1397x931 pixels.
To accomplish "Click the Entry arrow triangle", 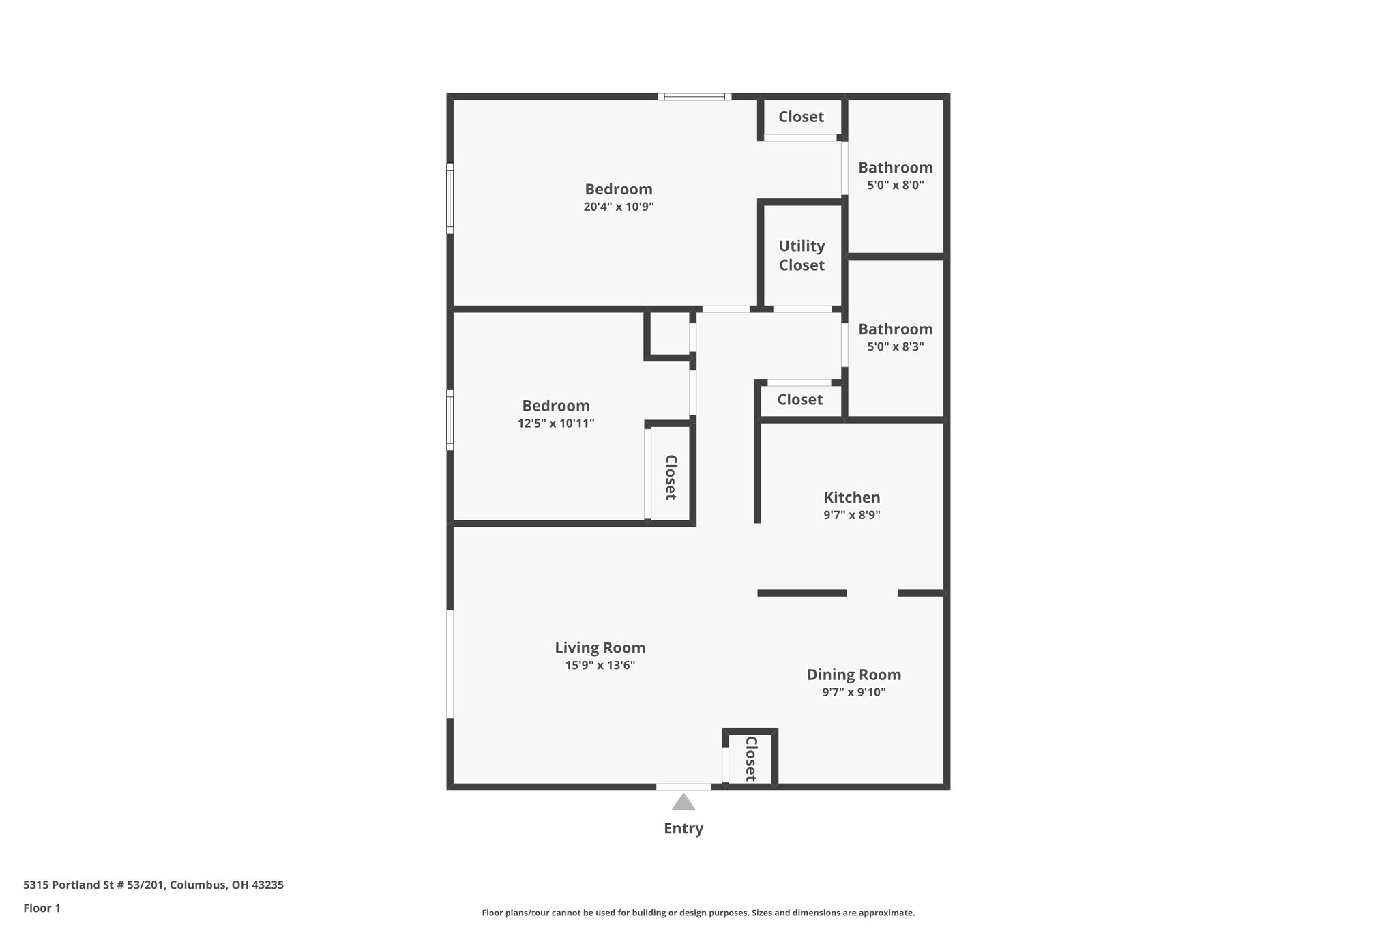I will point(683,803).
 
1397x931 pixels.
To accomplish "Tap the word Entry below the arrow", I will point(683,829).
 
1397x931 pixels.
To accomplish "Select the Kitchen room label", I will point(851,497).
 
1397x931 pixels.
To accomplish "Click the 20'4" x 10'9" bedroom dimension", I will point(618,207).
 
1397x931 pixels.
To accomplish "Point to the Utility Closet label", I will point(802,255).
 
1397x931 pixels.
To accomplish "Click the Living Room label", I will point(600,647).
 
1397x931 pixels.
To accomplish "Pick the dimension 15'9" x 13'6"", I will point(600,665).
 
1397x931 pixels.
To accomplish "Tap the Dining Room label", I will point(853,675).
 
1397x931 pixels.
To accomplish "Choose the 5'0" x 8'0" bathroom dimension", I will point(895,185).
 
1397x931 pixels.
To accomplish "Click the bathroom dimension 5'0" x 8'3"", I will point(895,346).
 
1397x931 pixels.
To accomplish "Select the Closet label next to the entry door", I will point(750,758).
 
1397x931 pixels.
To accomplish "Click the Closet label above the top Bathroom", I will point(801,117).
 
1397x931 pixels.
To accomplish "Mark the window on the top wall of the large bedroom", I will point(694,97).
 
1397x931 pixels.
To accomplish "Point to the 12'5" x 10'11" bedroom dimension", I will point(555,424).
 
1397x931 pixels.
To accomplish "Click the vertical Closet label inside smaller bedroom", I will point(671,477).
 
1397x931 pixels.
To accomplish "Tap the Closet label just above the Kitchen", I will point(799,399).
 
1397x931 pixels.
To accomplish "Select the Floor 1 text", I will point(42,908).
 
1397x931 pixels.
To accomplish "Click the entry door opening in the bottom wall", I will point(683,787).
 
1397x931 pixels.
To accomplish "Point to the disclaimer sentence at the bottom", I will point(698,913).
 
